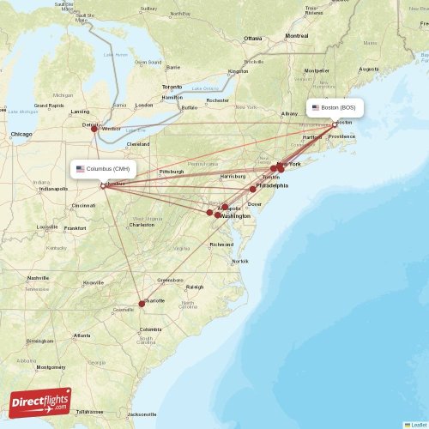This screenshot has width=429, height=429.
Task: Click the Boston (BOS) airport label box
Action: pos(335,108)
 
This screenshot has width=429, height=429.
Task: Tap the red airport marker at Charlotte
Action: pos(142,304)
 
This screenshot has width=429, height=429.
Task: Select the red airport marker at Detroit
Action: pos(94,129)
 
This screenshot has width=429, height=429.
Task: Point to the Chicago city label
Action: pos(21,135)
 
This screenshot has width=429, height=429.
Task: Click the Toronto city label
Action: pos(172,88)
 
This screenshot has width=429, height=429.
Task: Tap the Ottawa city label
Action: pos(252,39)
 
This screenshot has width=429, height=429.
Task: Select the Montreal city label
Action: pos(297,36)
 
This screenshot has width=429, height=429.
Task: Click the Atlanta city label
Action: pos(82,335)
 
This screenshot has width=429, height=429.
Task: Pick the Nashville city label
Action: pos(37,278)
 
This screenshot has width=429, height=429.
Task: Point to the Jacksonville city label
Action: pos(142,414)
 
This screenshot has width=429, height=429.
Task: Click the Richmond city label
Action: pos(221,245)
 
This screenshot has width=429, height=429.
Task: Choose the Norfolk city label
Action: pos(239,262)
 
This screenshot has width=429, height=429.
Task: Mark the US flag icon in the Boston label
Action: pos(316,108)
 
